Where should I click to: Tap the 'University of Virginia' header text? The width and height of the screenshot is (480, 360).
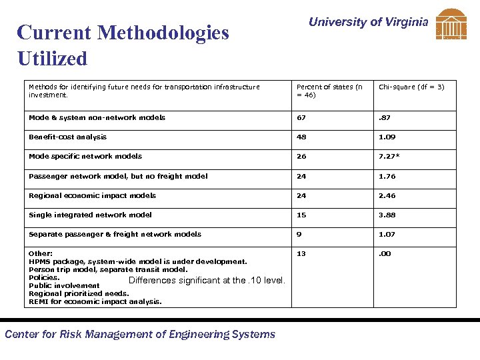click(368, 22)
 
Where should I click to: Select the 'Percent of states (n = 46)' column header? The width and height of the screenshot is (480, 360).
click(329, 91)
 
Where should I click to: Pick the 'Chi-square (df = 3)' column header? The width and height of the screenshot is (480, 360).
click(411, 87)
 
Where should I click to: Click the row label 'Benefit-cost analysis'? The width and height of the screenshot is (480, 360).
click(67, 137)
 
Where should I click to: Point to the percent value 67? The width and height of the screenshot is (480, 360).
click(301, 118)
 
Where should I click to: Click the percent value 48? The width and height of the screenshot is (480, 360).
click(301, 137)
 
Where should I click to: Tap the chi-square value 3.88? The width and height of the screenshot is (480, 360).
click(387, 215)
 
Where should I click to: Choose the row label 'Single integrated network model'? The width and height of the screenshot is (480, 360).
click(90, 215)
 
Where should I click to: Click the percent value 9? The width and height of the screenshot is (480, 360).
click(299, 235)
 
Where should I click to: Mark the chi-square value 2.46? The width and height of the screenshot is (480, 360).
click(387, 196)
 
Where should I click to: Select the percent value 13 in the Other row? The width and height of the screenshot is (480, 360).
click(301, 254)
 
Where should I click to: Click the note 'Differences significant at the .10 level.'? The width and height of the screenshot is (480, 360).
click(207, 281)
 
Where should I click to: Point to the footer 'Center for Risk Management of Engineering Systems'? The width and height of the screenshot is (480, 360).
click(140, 335)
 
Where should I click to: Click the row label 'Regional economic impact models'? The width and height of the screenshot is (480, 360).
click(92, 195)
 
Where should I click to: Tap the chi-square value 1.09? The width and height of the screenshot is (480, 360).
click(387, 137)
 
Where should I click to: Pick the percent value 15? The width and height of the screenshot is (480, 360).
click(301, 215)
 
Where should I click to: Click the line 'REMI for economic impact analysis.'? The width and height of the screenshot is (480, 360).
click(95, 301)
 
